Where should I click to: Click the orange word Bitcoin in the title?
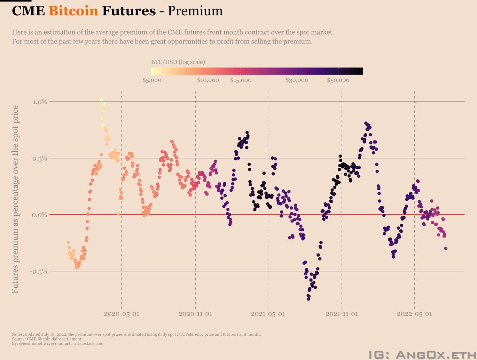73,11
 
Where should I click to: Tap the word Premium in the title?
195,11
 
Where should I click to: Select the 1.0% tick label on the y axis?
40,102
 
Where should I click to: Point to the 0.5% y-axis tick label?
40,158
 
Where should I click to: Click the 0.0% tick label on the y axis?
40,215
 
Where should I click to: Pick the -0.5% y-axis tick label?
39,271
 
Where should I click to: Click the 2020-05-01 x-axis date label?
121,314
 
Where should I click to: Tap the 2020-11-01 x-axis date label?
195,314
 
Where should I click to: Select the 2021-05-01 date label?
268,314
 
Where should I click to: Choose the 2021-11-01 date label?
342,314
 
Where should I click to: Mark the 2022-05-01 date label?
414,314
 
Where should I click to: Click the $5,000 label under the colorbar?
152,80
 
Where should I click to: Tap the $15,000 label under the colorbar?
241,80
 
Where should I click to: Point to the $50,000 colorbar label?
338,80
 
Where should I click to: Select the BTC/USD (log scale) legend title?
178,62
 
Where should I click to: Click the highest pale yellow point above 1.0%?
101,100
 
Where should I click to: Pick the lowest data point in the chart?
309,299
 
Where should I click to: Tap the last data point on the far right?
446,248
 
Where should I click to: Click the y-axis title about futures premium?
15,199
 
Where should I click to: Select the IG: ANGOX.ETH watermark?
422,355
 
